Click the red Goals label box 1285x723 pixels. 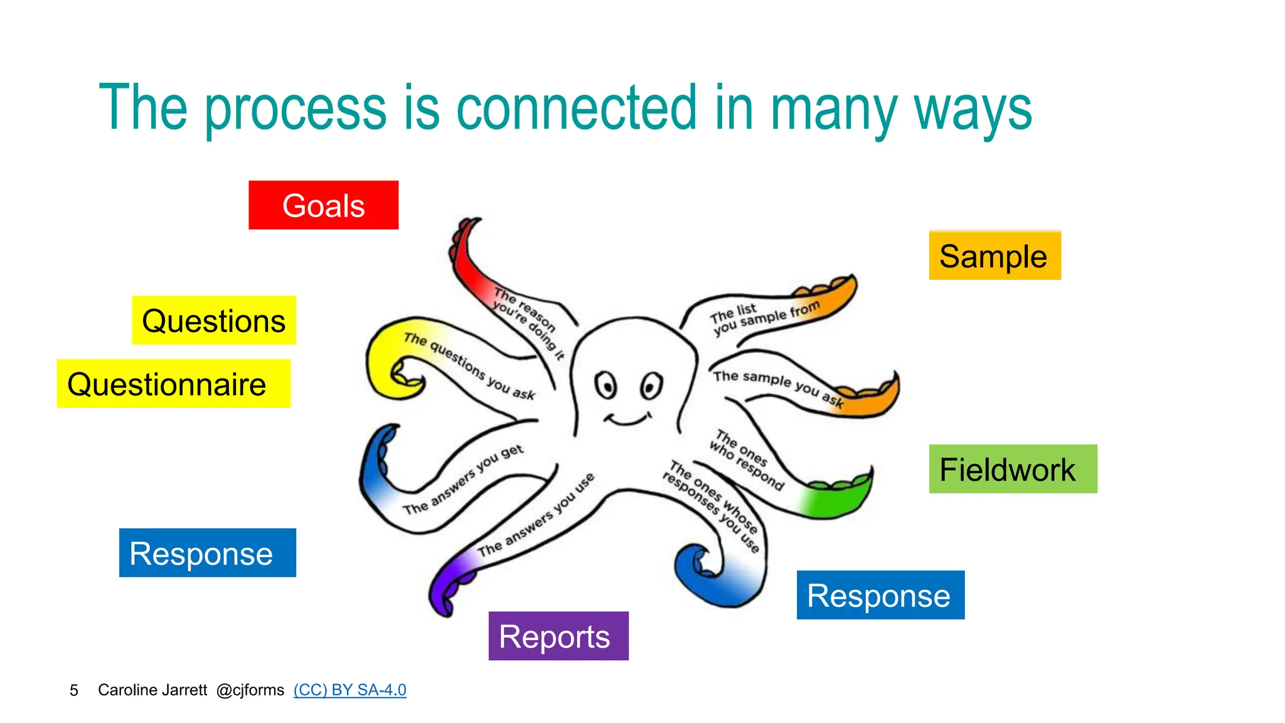[x=323, y=205]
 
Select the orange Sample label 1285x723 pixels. [x=994, y=256]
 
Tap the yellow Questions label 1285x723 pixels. [x=214, y=321]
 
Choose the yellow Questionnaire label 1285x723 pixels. [x=173, y=383]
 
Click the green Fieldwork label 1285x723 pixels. [x=1012, y=469]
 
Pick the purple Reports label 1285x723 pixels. [x=558, y=636]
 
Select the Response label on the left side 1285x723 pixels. [x=207, y=553]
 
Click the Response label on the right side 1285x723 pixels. [x=880, y=595]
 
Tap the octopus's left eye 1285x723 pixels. [x=606, y=385]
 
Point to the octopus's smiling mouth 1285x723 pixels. [x=627, y=419]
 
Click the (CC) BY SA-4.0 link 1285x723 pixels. [x=349, y=690]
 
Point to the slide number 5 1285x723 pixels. [x=74, y=690]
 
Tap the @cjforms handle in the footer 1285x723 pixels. [x=250, y=690]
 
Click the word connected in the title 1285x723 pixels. [x=576, y=108]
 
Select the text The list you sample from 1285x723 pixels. [x=762, y=317]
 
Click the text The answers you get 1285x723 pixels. [x=463, y=479]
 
